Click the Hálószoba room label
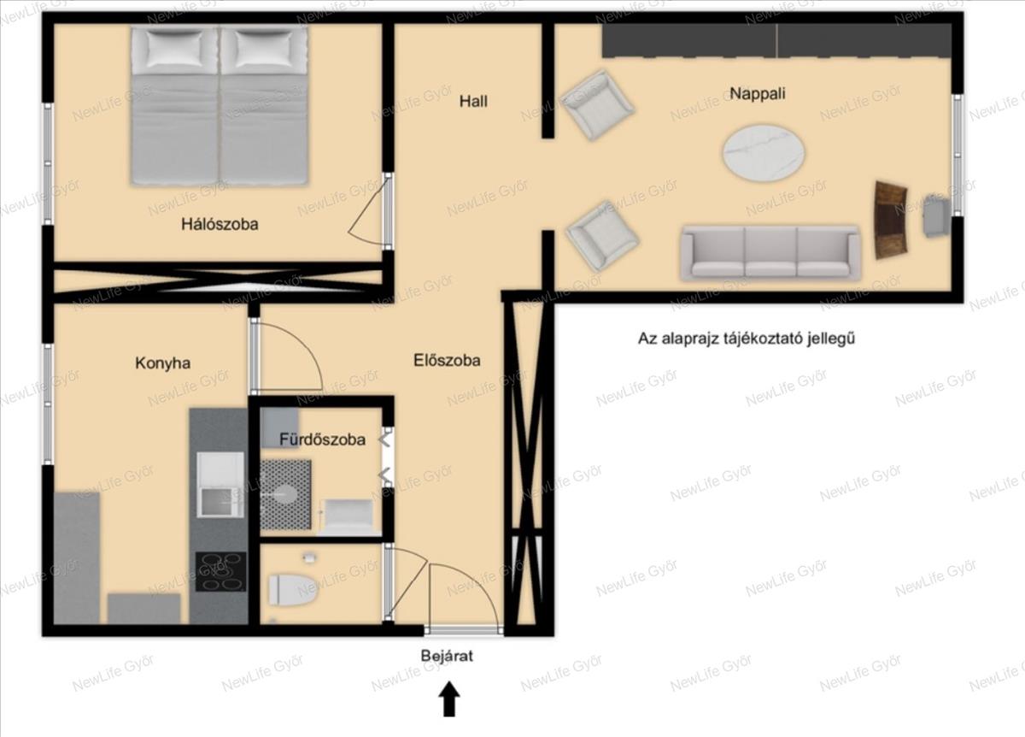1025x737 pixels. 220,225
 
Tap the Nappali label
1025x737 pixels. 758,94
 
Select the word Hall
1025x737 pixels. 473,101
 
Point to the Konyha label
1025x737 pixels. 162,363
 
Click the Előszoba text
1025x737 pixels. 447,361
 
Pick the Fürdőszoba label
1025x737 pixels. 323,439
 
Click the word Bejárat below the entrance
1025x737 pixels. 447,656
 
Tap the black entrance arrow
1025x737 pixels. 449,699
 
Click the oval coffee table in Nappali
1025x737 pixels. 764,152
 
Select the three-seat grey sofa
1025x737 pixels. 770,252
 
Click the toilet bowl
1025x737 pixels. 293,591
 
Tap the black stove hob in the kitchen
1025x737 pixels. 221,572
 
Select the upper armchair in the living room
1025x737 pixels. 597,105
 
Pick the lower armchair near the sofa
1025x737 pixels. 602,235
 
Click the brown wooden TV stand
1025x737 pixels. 890,221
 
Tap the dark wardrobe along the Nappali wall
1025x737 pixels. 776,41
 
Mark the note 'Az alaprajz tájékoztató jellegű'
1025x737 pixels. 747,339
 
